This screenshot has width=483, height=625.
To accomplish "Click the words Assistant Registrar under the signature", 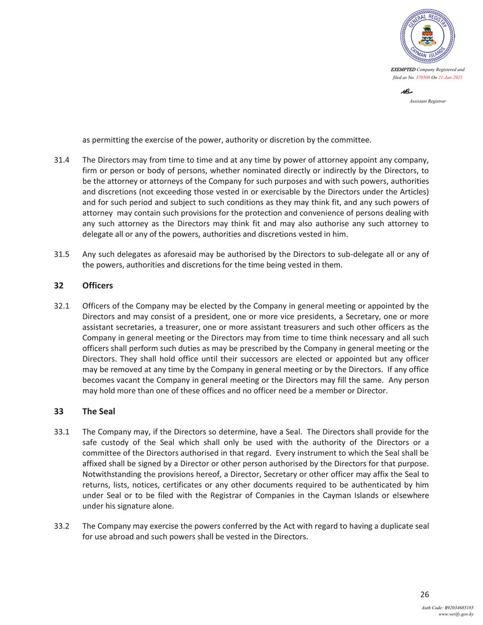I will tap(427, 101).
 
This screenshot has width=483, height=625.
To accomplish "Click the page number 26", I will tap(424, 595).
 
